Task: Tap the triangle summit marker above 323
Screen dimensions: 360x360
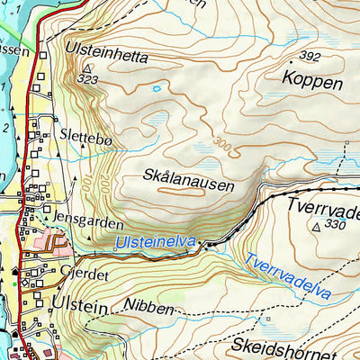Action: click(87, 67)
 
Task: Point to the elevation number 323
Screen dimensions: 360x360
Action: click(87, 79)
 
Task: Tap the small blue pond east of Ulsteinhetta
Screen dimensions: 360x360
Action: click(157, 88)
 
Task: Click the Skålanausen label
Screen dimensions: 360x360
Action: click(188, 183)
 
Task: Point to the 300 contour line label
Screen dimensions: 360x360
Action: click(223, 142)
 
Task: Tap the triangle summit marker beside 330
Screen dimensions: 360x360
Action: click(317, 228)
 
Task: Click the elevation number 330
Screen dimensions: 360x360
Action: click(335, 223)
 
